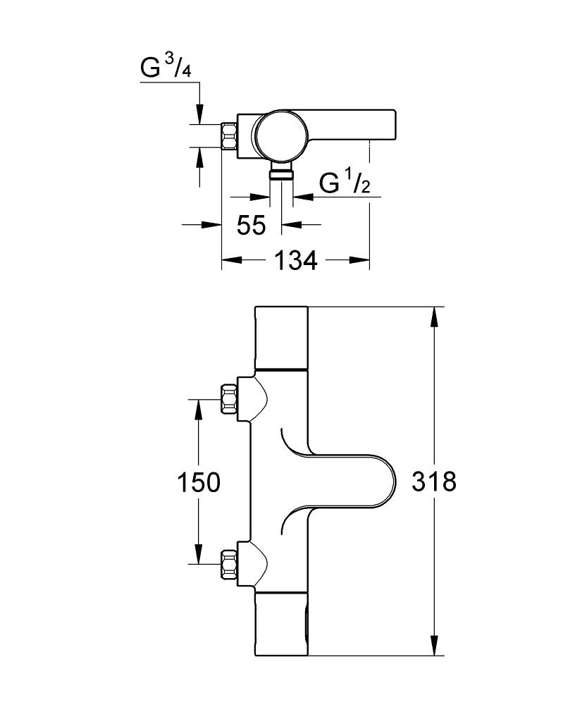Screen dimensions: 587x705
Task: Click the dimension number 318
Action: (x=434, y=482)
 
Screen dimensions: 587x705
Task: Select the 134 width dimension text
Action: (x=295, y=260)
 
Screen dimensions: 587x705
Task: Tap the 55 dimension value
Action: (x=252, y=225)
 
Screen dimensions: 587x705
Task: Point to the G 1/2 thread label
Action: (x=345, y=182)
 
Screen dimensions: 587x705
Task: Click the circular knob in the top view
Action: (x=281, y=135)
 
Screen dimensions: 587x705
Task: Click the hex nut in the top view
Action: (x=229, y=135)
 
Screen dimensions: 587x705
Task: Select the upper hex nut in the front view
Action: (x=229, y=398)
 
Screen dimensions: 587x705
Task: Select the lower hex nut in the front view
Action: (x=229, y=563)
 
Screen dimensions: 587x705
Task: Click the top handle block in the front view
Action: (x=281, y=337)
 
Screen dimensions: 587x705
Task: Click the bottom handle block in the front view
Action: (x=281, y=624)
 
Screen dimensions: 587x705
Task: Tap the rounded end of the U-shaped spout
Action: (x=390, y=481)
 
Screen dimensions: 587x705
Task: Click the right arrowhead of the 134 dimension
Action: (x=359, y=260)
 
